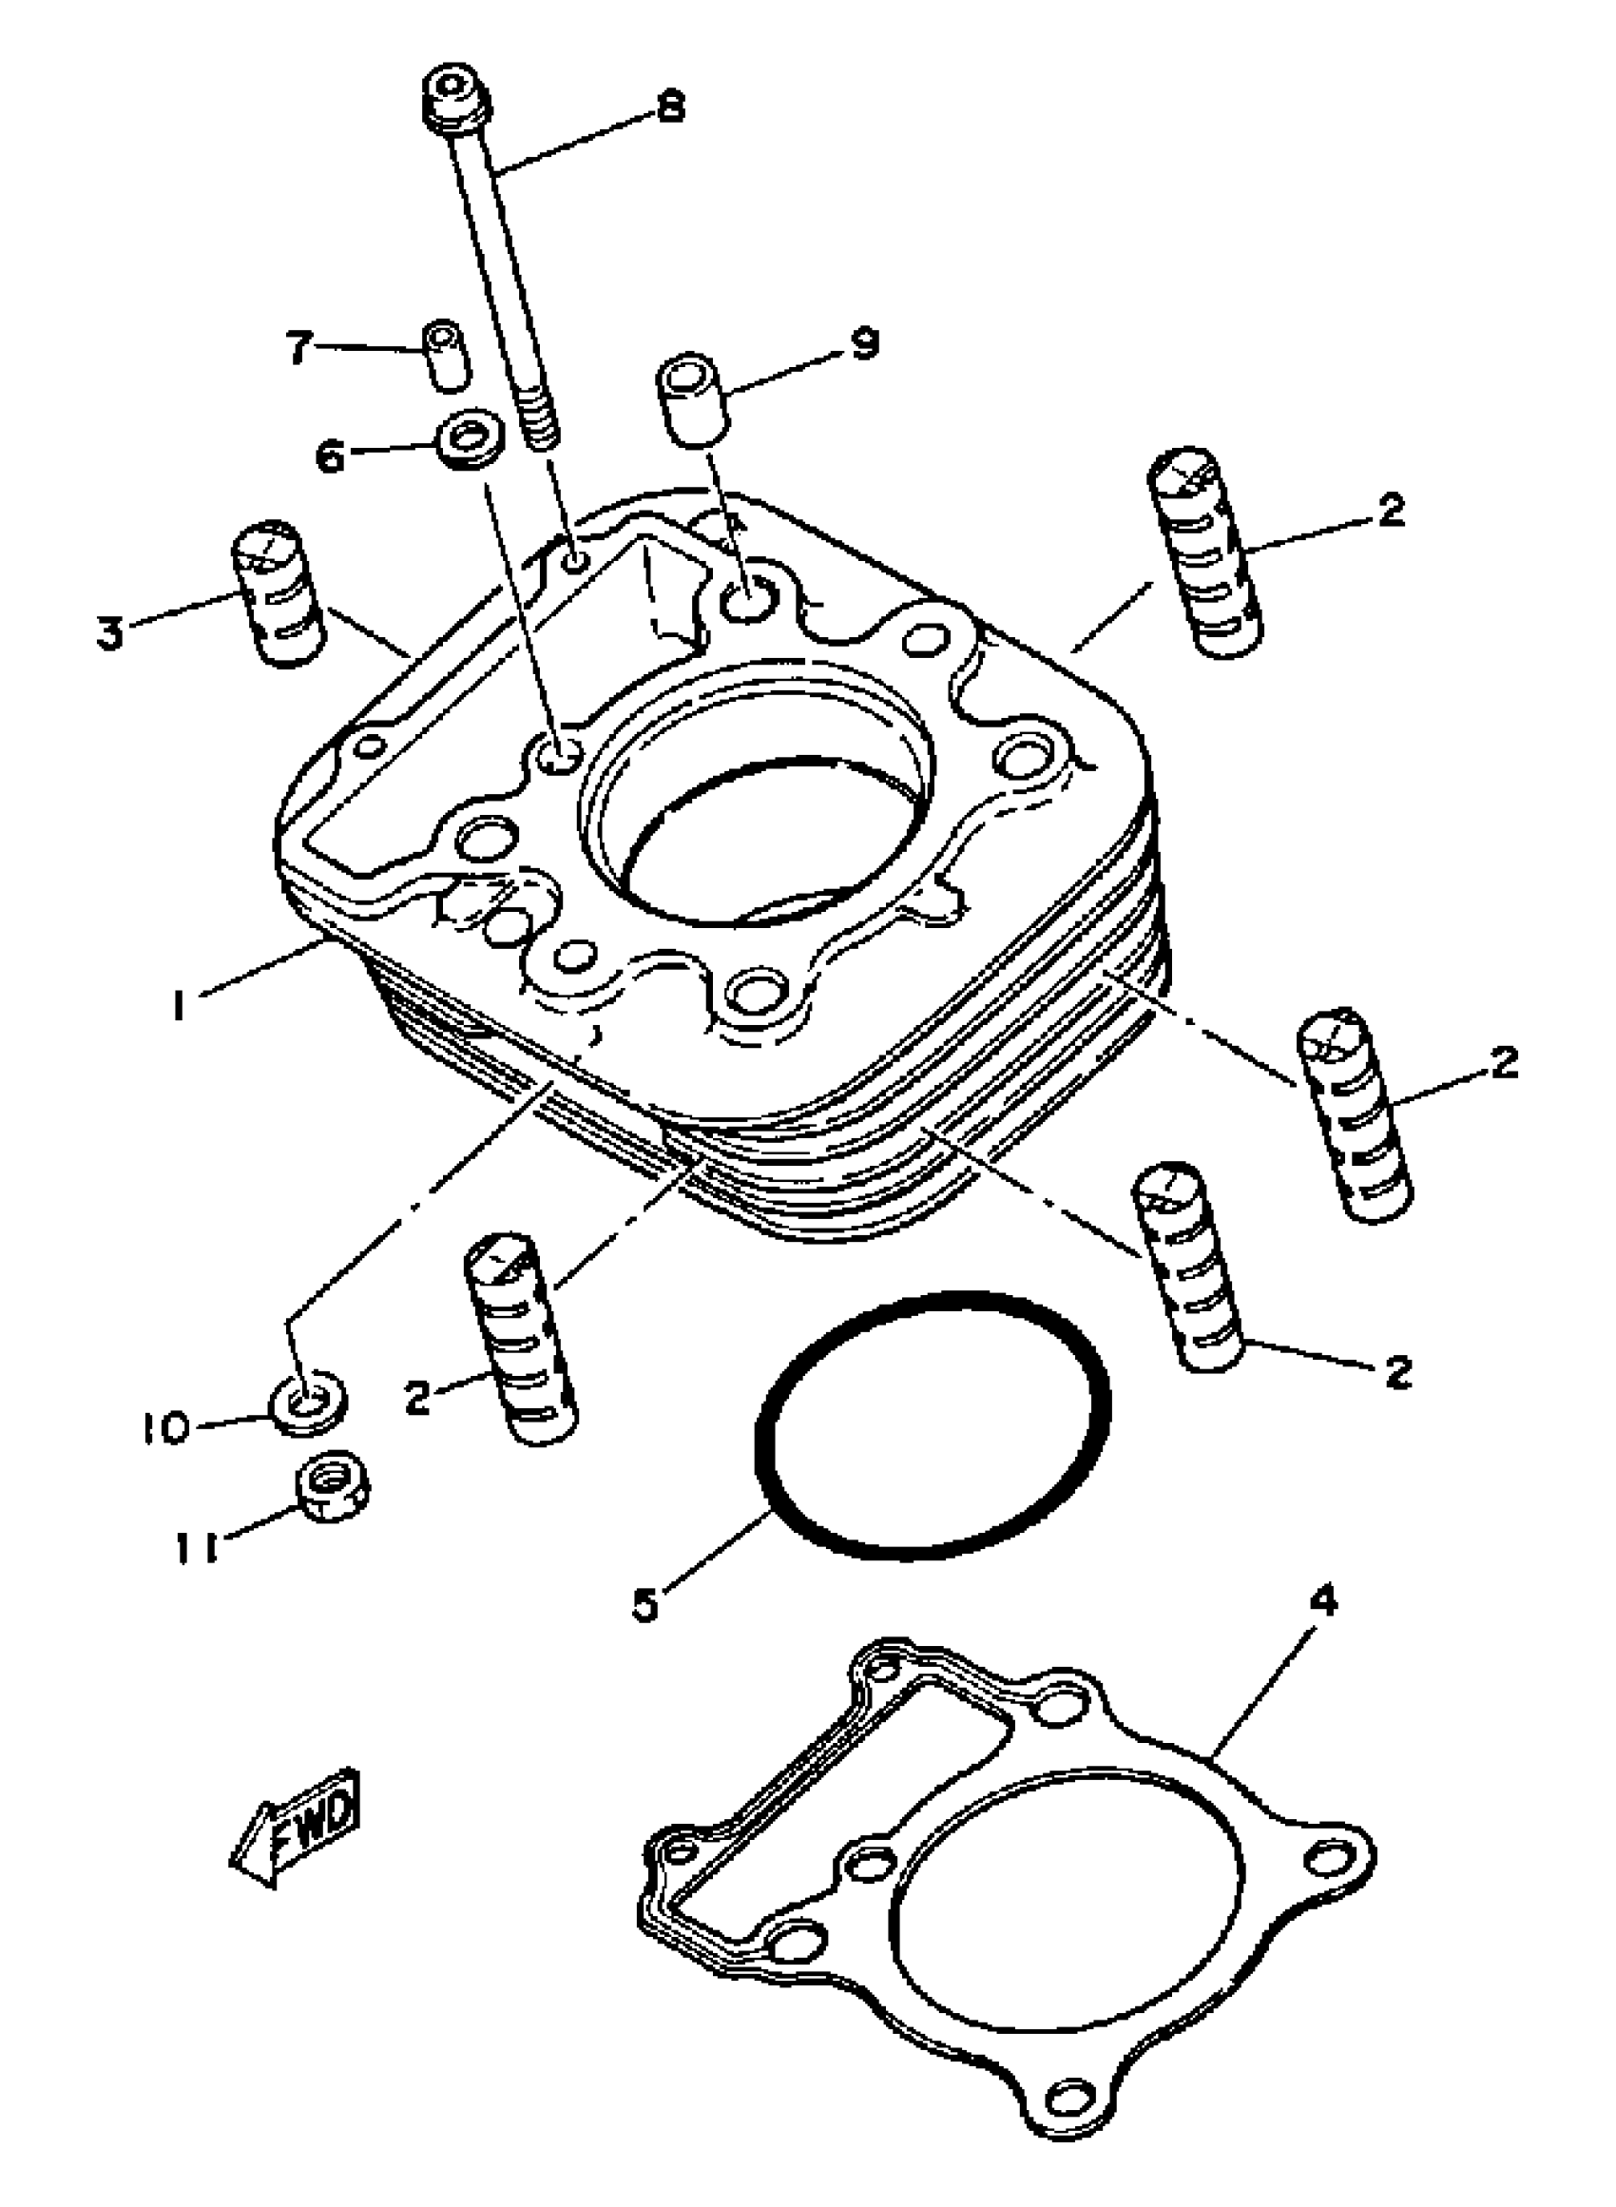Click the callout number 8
tap(670, 105)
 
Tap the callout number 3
tap(109, 632)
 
